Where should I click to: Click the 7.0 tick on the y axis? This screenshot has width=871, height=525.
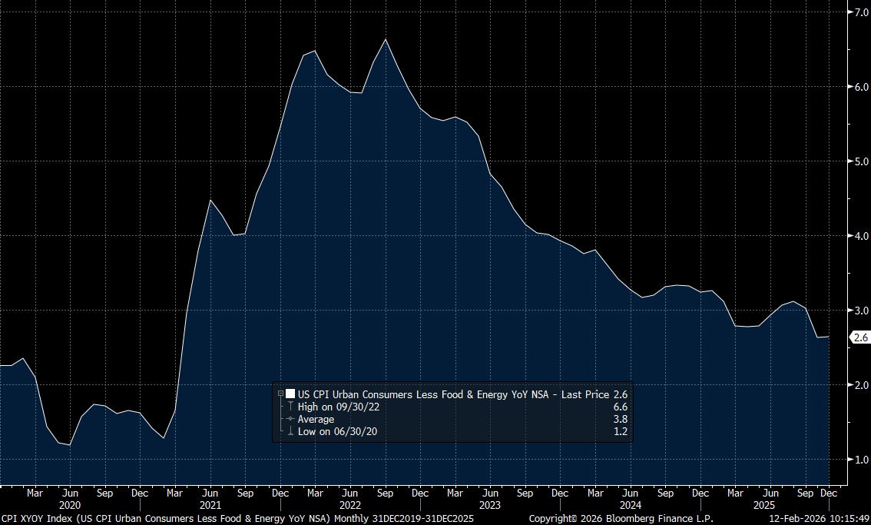[856, 12]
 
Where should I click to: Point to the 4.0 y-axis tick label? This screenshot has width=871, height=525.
[856, 236]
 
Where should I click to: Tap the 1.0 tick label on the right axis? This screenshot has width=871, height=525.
[856, 460]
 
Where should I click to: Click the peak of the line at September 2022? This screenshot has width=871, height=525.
[385, 39]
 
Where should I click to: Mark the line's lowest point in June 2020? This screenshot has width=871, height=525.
[70, 445]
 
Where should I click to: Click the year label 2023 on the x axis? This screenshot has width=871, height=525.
[490, 505]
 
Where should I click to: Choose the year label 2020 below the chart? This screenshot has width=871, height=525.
[70, 505]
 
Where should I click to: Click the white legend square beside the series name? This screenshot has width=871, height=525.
[290, 394]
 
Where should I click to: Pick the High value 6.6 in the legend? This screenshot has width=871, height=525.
[621, 407]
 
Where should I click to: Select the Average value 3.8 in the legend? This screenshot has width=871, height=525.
[621, 419]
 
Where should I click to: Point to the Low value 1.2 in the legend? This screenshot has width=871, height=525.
[621, 431]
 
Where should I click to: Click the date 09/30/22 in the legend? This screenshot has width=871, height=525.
[356, 407]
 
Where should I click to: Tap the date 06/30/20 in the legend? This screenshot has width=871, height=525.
[354, 431]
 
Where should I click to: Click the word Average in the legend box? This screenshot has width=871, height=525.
[316, 419]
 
